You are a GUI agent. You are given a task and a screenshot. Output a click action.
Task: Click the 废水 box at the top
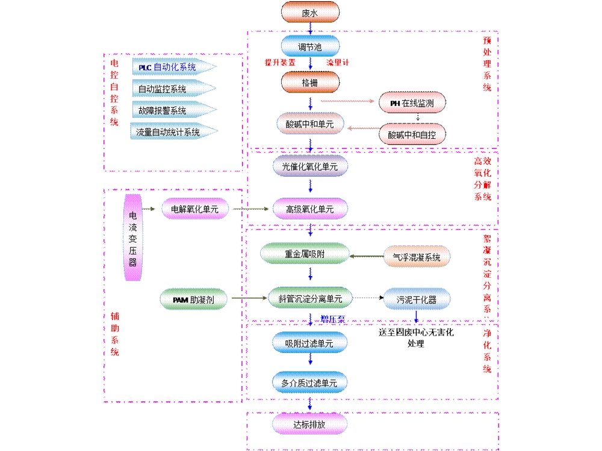310,11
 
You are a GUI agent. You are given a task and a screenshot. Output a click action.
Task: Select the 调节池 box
310,46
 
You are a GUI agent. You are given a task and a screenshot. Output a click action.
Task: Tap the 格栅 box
310,82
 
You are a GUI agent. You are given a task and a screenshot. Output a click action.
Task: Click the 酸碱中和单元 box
310,124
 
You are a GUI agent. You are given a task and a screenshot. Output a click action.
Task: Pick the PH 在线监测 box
413,103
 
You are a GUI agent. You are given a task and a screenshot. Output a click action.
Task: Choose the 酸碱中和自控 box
413,133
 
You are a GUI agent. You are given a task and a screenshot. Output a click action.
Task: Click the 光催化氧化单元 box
310,165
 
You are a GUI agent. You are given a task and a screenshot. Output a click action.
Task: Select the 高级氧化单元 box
310,209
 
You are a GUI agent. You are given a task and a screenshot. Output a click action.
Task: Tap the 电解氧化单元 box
195,209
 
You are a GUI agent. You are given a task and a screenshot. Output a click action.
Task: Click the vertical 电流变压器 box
132,237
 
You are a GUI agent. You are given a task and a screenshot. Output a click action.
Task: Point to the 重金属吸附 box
305,254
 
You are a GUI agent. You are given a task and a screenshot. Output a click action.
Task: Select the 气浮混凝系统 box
417,257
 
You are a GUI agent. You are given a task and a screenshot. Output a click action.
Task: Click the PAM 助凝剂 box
195,299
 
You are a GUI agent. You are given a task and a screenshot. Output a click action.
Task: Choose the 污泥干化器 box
417,298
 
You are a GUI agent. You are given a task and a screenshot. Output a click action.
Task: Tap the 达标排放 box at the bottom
310,424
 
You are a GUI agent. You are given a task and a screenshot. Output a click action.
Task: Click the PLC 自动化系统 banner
171,67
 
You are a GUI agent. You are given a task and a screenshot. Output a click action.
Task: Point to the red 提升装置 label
280,62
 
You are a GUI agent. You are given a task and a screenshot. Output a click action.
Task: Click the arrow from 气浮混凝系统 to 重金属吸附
367,256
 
